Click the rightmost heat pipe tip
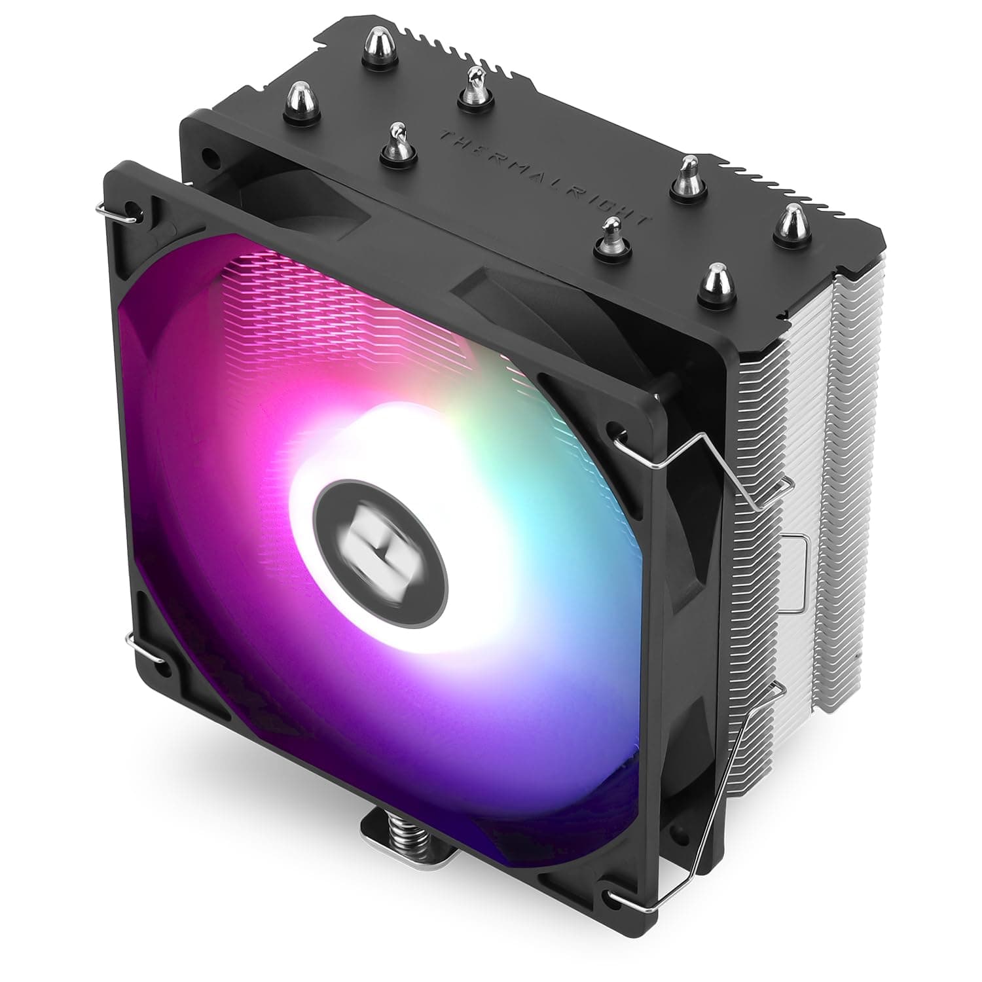pos(791,221)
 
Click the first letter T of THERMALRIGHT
pos(445,136)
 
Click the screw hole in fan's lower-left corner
pos(160,669)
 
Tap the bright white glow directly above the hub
pos(386,426)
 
